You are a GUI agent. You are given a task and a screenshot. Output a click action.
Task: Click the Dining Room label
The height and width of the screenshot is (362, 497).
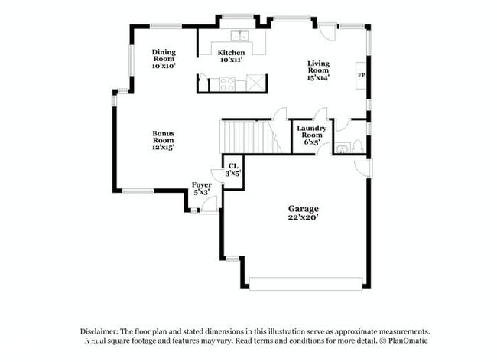pyautogui.click(x=164, y=59)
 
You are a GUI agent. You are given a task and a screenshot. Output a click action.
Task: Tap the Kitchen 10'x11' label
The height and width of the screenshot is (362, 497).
pyautogui.click(x=231, y=56)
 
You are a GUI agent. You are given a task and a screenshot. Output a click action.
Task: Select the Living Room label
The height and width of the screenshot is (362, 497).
pyautogui.click(x=318, y=70)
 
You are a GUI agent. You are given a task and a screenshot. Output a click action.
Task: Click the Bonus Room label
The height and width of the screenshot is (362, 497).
pyautogui.click(x=163, y=140)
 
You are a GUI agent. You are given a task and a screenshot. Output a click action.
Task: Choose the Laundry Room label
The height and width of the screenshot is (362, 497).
pyautogui.click(x=311, y=135)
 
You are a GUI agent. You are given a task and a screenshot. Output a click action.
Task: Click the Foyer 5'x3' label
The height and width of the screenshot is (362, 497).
pyautogui.click(x=202, y=188)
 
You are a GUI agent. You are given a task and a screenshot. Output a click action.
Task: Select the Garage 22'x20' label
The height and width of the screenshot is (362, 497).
pyautogui.click(x=303, y=212)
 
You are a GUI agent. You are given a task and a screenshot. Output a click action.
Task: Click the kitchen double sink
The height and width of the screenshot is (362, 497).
pyautogui.click(x=240, y=35)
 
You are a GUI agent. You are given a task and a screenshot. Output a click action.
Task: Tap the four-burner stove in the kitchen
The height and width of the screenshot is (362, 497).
pyautogui.click(x=228, y=83)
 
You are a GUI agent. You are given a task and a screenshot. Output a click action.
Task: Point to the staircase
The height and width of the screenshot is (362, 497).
pyautogui.click(x=245, y=136)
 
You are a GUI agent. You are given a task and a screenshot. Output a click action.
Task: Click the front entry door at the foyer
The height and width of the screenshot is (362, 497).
pyautogui.click(x=209, y=204)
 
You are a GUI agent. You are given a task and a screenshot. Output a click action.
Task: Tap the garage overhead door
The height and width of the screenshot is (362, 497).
pyautogui.click(x=305, y=283)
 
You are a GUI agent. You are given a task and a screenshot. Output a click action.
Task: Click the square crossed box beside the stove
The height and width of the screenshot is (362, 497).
pyautogui.click(x=258, y=83)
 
